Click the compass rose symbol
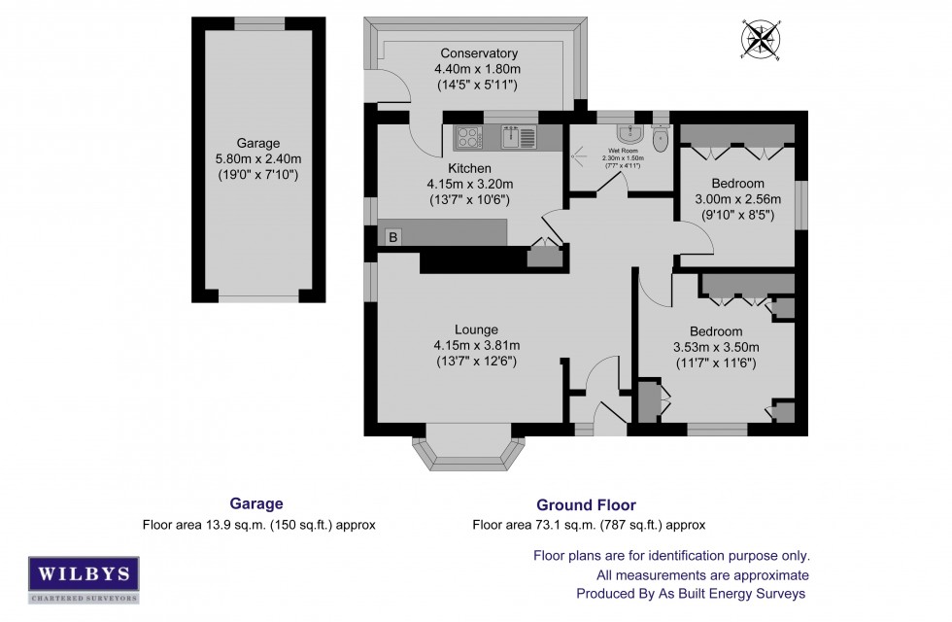coord(761,40)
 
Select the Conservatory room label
coord(478,53)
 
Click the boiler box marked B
coord(393,236)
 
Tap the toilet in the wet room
coord(662,139)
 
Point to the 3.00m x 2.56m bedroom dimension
coord(737,199)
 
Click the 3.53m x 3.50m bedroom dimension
coord(715,347)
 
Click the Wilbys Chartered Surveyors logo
coord(83,573)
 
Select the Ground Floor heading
coord(586,505)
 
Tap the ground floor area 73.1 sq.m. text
coord(589,525)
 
